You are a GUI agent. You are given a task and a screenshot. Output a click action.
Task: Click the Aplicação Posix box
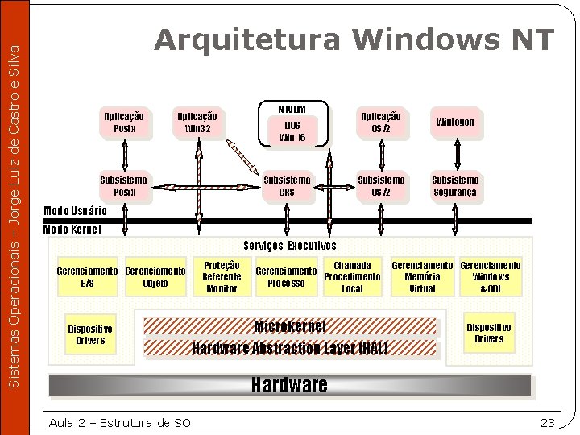pos(125,122)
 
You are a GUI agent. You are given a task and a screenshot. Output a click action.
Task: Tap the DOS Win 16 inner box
pos(292,131)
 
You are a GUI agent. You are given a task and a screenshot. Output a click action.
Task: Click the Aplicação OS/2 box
pos(381,122)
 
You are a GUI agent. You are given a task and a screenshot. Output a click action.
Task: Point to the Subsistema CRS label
pos(287,186)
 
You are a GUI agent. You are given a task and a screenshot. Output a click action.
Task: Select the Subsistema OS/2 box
pos(381,186)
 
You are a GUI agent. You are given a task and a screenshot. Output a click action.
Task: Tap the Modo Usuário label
pos(74,211)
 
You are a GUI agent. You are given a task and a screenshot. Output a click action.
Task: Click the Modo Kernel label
pos(72,229)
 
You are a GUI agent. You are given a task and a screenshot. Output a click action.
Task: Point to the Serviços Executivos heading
pos(289,246)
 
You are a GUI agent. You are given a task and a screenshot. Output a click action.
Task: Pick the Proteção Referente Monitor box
pos(222,276)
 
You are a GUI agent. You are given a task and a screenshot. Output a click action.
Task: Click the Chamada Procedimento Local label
pos(352,276)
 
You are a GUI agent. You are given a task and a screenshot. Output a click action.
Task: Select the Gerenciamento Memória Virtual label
pos(422,276)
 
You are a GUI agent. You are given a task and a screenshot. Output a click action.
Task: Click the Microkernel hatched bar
pos(290,326)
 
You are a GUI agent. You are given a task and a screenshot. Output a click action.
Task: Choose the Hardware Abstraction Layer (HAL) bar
pos(290,348)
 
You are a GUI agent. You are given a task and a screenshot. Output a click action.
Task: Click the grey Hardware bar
pos(290,385)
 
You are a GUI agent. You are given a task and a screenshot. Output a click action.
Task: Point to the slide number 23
pos(548,423)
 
